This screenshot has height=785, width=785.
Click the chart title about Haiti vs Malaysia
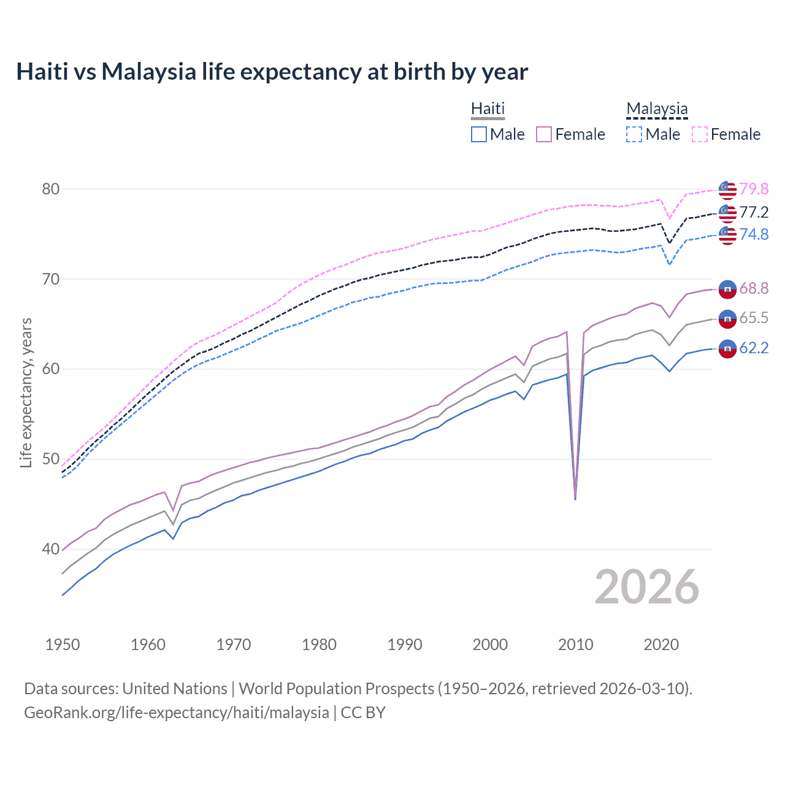[x=272, y=72]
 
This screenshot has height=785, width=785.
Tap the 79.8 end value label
[x=754, y=189]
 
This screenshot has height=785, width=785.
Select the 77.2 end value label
[x=754, y=212]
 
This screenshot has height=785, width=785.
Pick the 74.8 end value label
[x=754, y=234]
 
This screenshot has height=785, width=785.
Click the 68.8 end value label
[x=754, y=288]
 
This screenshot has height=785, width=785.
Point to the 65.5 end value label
[x=754, y=318]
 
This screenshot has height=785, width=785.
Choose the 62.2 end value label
[x=754, y=348]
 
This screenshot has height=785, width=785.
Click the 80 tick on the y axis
[x=51, y=189]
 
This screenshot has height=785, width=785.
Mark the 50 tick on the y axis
[x=51, y=459]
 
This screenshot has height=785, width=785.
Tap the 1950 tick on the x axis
[x=63, y=645]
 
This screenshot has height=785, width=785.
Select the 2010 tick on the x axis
[x=575, y=645]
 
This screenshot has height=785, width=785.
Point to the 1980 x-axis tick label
[x=319, y=645]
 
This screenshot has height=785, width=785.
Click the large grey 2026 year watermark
[x=646, y=587]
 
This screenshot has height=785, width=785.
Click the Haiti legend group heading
[x=488, y=109]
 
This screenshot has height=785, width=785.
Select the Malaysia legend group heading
[x=657, y=109]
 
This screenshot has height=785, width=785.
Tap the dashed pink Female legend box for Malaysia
[x=700, y=134]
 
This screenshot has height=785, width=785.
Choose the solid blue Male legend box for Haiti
[x=479, y=134]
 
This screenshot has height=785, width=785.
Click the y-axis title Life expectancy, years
[x=26, y=392]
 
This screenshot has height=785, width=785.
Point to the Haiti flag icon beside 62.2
[x=727, y=348]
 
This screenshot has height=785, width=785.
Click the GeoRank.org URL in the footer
[x=177, y=713]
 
